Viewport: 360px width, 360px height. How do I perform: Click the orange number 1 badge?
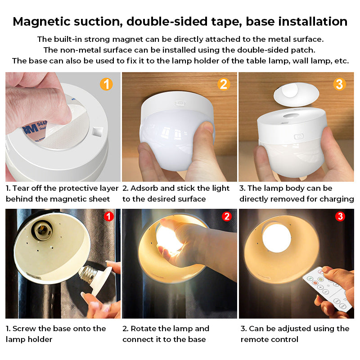[106, 84]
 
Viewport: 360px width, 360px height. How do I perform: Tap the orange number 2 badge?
[224, 84]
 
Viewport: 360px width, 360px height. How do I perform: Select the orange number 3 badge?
[340, 84]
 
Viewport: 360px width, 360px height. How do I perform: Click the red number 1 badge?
[108, 216]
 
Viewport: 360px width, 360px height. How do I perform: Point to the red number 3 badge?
[341, 216]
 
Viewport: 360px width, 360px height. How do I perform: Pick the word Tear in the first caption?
[22, 188]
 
